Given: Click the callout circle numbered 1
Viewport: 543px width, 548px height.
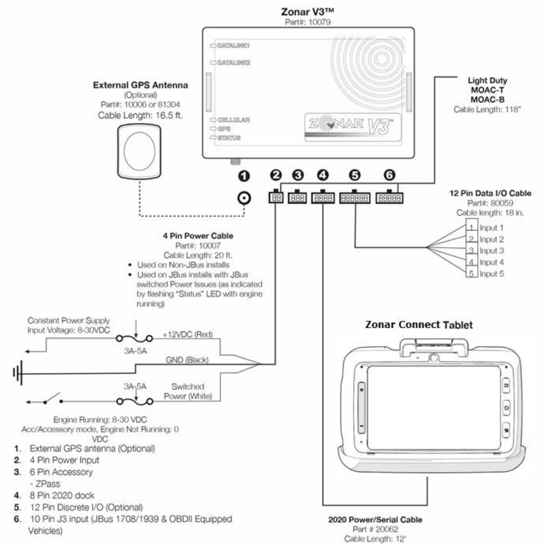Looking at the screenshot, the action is coord(244,176).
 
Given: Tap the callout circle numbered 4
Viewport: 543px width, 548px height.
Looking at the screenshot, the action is coord(323,175).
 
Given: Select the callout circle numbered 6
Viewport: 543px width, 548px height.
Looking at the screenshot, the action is coord(390,175).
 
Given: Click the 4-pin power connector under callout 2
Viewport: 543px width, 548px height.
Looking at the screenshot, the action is coord(276,197).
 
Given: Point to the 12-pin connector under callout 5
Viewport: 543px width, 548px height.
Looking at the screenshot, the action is coord(355,198).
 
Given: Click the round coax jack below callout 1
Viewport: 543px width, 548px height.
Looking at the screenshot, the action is coord(244,198).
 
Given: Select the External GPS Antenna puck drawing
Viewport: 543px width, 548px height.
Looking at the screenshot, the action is coord(139,151).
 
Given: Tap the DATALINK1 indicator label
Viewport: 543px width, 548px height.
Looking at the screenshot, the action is coord(233,46).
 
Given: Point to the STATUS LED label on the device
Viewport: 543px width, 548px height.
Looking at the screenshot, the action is coord(229,138).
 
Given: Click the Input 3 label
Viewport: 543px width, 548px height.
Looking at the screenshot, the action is coord(491,250).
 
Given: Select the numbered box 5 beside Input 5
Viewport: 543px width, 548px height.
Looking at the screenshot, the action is coord(472,273).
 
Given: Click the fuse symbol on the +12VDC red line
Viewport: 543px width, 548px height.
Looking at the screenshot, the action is coord(135,338).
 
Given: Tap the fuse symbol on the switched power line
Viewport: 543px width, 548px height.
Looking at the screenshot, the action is coord(135,402).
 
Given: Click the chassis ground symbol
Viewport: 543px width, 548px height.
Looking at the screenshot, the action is coord(18,373).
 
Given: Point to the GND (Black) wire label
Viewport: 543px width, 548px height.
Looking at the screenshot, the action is coord(187,360).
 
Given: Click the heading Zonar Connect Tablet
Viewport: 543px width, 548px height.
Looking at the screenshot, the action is coord(418,324).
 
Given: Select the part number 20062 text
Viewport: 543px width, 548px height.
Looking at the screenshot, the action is coord(375,529).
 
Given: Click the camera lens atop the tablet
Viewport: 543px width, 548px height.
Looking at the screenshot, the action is coord(434,358).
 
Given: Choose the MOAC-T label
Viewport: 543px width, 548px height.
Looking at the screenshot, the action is coord(487,90).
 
